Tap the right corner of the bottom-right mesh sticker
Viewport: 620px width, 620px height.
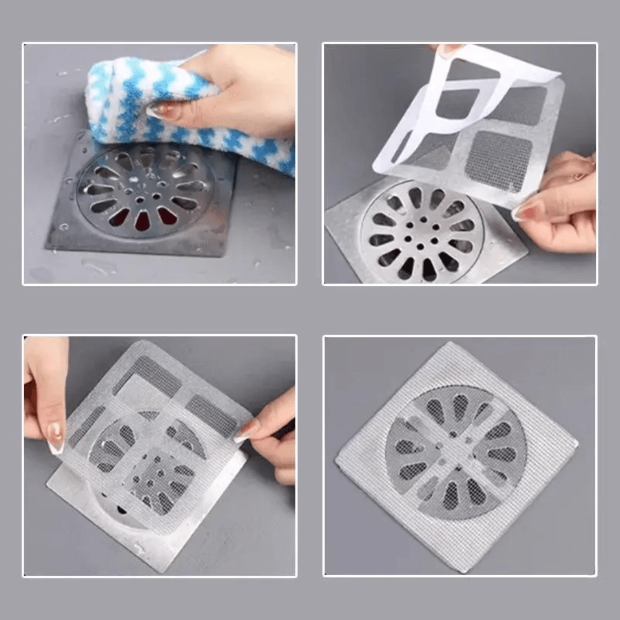point(576,442)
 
